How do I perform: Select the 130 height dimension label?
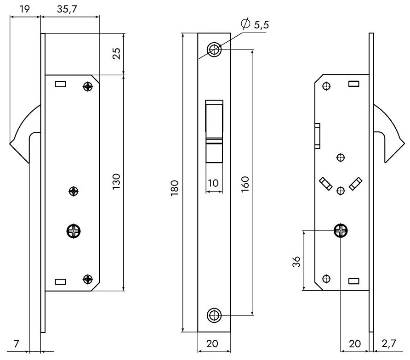(x=116, y=183)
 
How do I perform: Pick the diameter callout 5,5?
(x=260, y=26)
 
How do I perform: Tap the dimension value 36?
(x=296, y=261)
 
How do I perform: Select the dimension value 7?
(x=17, y=343)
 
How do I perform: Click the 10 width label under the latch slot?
(x=213, y=183)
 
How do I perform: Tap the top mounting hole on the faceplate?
(x=214, y=49)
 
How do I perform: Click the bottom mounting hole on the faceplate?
(x=214, y=315)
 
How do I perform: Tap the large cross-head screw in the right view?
(x=341, y=231)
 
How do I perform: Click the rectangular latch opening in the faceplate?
(x=214, y=131)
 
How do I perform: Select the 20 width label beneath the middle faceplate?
(x=214, y=343)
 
